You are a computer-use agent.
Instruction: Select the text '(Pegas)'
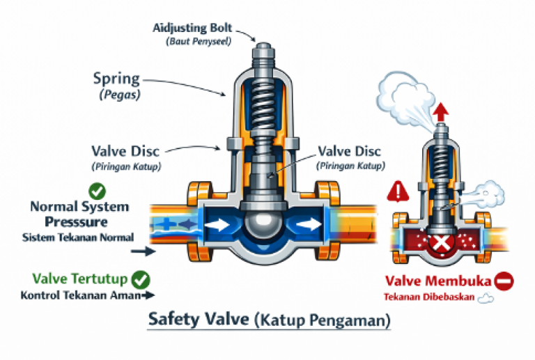pos(116,93)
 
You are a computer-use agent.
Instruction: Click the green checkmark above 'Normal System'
pos(97,190)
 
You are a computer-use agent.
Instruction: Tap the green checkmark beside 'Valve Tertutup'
pos(141,279)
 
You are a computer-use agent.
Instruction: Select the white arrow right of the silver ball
pos(309,225)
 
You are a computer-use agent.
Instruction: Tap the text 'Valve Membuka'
pos(438,282)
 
